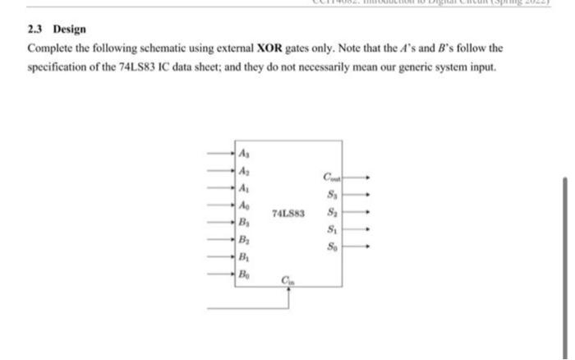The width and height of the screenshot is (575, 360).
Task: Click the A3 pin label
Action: tap(244, 153)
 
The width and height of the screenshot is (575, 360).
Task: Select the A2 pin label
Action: tap(244, 170)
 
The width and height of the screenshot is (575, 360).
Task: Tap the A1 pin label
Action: tap(244, 187)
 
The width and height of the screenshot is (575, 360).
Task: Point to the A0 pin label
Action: tap(244, 204)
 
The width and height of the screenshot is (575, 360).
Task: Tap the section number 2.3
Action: tap(36, 29)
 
